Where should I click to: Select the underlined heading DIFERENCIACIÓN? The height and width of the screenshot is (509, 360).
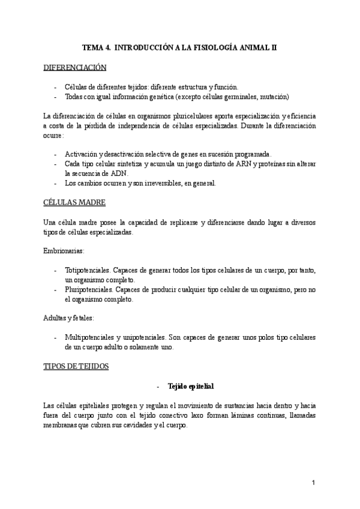point(75,67)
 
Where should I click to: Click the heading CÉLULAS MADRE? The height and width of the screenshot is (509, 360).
point(75,202)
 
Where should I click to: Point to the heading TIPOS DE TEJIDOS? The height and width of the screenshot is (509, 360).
point(76,366)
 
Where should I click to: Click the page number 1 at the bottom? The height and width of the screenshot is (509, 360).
point(314,483)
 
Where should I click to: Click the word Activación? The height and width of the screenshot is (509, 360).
point(81,154)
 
